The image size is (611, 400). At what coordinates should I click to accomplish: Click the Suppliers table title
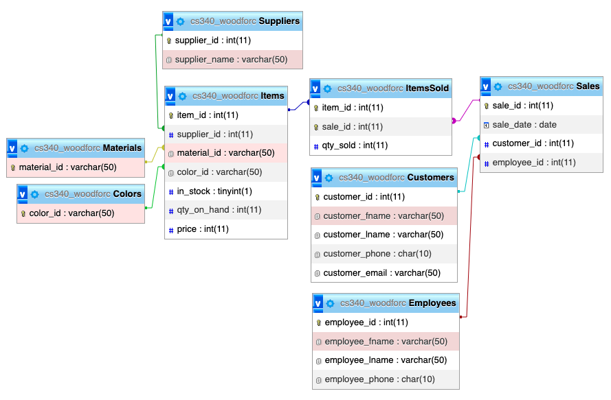[x=278, y=21]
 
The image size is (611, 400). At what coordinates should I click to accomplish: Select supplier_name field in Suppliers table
[x=231, y=60]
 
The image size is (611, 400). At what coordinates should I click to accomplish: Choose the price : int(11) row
[x=203, y=229]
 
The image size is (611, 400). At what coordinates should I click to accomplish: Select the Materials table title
[x=122, y=148]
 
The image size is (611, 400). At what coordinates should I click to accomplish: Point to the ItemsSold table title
[x=427, y=89]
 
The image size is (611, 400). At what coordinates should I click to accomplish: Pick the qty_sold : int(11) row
[x=355, y=145]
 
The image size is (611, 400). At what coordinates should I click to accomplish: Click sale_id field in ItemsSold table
[x=353, y=127]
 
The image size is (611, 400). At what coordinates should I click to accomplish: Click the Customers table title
[x=430, y=177]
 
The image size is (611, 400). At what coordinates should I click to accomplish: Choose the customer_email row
[x=381, y=273]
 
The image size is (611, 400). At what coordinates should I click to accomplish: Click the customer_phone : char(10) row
[x=377, y=254]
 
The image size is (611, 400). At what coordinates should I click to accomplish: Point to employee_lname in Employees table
[x=386, y=360]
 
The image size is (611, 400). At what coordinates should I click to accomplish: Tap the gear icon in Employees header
[x=331, y=303]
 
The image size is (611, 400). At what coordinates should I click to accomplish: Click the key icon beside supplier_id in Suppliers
[x=169, y=40]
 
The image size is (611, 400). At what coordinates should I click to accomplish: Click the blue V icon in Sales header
[x=486, y=86]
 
